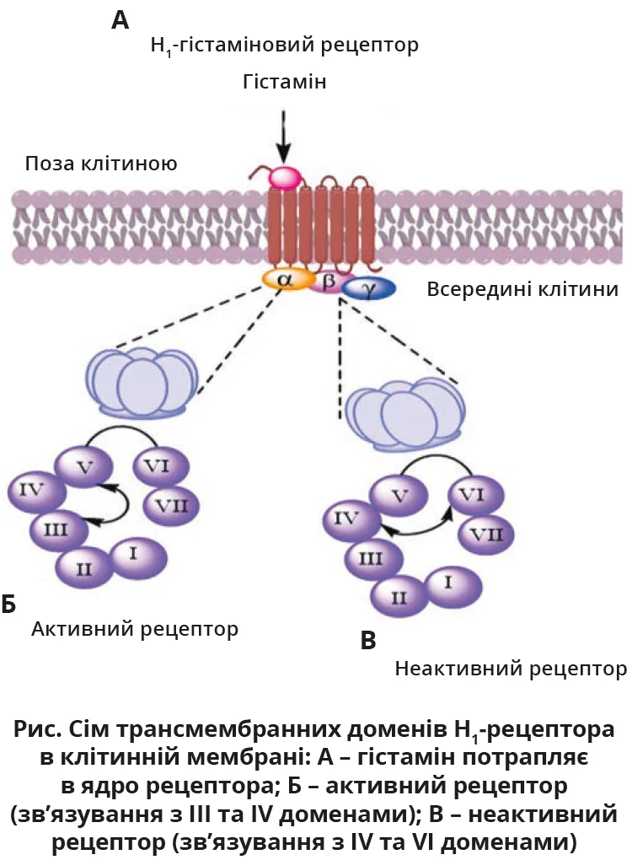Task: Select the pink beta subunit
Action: pos(328,281)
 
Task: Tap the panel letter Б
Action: pos(9,604)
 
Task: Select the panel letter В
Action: pos(367,642)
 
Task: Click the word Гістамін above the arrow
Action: pos(283,83)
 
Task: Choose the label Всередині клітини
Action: pos(522,289)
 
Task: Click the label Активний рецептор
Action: pos(135,629)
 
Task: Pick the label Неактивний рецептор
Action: pos(511,670)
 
